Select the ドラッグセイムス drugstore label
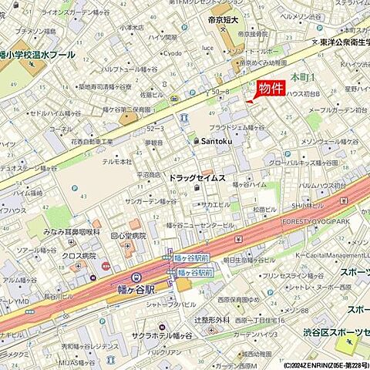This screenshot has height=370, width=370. click(x=197, y=178)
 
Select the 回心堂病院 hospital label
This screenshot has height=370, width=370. click(x=128, y=235)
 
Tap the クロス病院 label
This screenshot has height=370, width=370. click(x=78, y=254)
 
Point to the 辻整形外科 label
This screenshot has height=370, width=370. click(x=212, y=318)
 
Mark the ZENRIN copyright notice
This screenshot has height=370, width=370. click(x=314, y=365)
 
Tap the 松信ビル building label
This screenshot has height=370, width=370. click(x=264, y=209)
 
